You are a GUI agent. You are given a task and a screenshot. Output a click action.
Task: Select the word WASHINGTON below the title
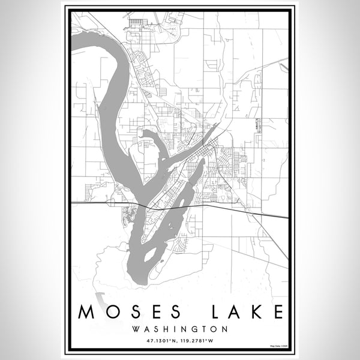tap(180, 329)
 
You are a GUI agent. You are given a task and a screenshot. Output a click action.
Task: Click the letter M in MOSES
tap(85, 312)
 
